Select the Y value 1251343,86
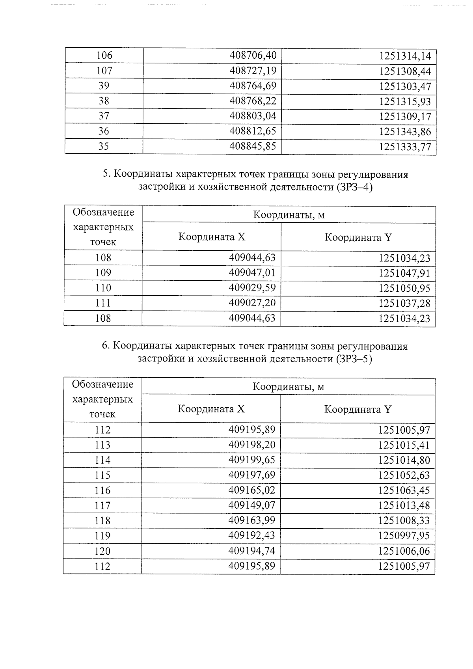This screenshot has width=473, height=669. pyautogui.click(x=405, y=132)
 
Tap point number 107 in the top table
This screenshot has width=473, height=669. pyautogui.click(x=104, y=71)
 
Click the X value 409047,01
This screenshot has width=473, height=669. pyautogui.click(x=252, y=272)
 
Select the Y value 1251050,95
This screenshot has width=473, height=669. pyautogui.click(x=404, y=289)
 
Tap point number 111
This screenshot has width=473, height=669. pyautogui.click(x=103, y=303)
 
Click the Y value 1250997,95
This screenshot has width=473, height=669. pyautogui.click(x=404, y=536)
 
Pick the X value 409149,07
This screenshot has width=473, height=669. pyautogui.click(x=252, y=505)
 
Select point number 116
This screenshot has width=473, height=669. pyautogui.click(x=102, y=491)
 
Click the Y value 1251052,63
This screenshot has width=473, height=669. pyautogui.click(x=404, y=475)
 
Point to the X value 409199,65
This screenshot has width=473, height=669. pyautogui.click(x=252, y=460)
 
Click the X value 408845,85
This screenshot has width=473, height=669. pyautogui.click(x=253, y=146)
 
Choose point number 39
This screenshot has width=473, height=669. pyautogui.click(x=104, y=86)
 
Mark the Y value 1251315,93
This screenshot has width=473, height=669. pyautogui.click(x=405, y=102)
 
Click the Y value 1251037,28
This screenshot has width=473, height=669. pyautogui.click(x=404, y=304)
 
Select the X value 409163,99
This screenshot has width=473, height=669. pyautogui.click(x=252, y=520)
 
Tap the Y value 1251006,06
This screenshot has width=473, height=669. pyautogui.click(x=404, y=552)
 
